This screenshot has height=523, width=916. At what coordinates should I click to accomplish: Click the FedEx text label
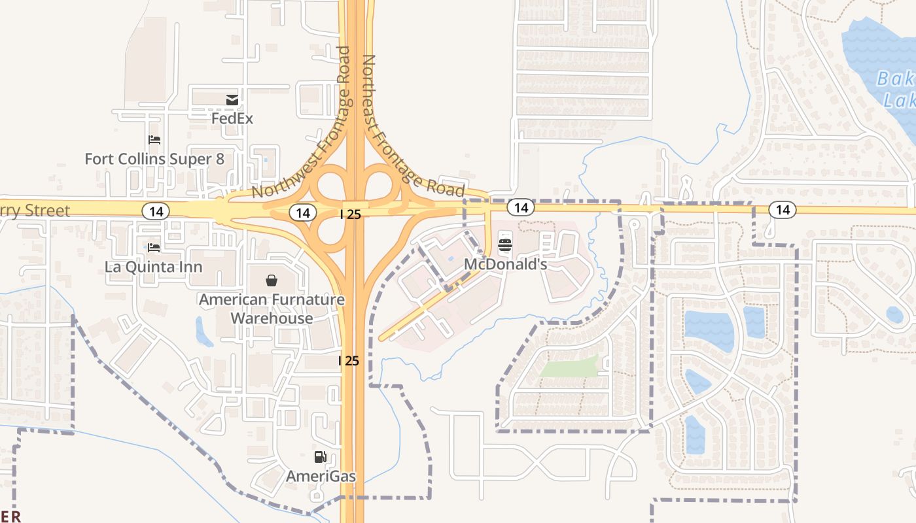coord(232,119)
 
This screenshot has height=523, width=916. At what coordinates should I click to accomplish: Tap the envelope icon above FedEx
coord(232,100)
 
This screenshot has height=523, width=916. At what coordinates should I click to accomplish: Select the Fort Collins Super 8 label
coord(158,159)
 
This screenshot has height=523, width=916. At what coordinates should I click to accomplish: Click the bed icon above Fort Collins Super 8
coord(154,140)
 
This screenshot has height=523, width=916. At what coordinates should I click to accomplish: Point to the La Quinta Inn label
coord(154,267)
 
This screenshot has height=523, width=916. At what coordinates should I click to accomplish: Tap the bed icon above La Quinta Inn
coord(154,247)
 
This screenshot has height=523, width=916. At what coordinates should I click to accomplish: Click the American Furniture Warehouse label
coord(272,309)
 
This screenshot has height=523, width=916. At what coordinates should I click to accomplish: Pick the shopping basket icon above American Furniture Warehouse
coord(272,280)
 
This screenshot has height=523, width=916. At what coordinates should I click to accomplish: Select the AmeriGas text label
coord(321,476)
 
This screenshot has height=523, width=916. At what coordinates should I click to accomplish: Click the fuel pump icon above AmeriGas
coord(320,457)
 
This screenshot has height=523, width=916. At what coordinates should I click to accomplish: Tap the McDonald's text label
coord(505,265)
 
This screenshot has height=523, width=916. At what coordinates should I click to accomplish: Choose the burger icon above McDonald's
coord(505,245)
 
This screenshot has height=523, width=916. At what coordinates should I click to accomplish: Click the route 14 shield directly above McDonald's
coord(521,208)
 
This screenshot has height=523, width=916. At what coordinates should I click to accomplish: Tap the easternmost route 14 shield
coord(783,210)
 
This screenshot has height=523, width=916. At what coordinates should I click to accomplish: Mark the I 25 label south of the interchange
coord(349,360)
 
